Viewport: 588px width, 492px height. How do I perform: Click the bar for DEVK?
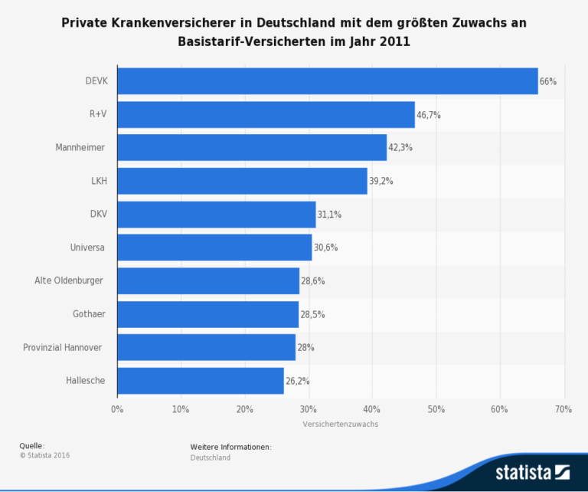pyautogui.click(x=328, y=81)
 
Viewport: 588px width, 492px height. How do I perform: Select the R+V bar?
pyautogui.click(x=266, y=114)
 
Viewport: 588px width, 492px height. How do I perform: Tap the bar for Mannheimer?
pyautogui.click(x=252, y=147)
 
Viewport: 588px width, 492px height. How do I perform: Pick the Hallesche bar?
pyautogui.click(x=201, y=380)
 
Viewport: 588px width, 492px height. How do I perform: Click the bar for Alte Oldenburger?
pyautogui.click(x=208, y=280)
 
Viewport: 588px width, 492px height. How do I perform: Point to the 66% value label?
pyautogui.click(x=548, y=81)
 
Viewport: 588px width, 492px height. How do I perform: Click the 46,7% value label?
pyautogui.click(x=429, y=115)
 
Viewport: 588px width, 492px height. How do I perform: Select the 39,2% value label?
pyautogui.click(x=381, y=181)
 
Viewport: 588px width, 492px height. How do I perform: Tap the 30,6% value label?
pyautogui.click(x=325, y=248)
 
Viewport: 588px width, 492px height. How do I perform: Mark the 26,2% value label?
pyautogui.click(x=297, y=381)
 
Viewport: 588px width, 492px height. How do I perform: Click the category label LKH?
pyautogui.click(x=99, y=181)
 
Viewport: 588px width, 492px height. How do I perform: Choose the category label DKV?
pyautogui.click(x=98, y=215)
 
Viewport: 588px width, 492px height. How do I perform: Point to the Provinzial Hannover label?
pyautogui.click(x=63, y=347)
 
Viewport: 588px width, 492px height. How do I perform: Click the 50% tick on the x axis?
pyautogui.click(x=436, y=409)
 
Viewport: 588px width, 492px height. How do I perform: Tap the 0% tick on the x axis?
pyautogui.click(x=117, y=409)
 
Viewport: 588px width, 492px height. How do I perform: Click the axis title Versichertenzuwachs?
pyautogui.click(x=340, y=424)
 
